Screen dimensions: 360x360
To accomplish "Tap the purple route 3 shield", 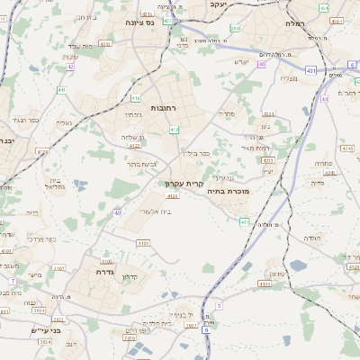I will pos(218,305).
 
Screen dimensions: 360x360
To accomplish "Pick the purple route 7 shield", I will pos(13,281).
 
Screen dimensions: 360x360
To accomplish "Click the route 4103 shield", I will pos(142,243).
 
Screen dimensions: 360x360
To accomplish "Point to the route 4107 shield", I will pos(59,267).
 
